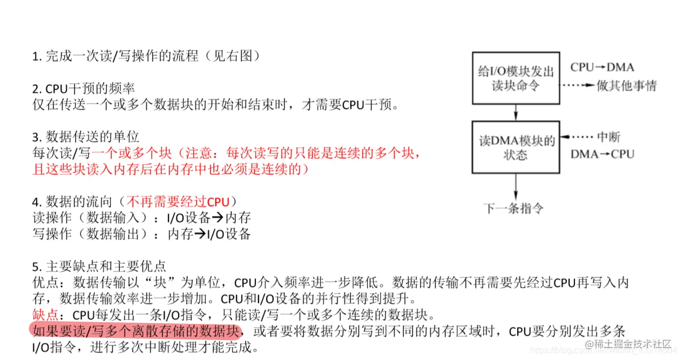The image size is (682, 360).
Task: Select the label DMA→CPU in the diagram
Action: [x=602, y=154]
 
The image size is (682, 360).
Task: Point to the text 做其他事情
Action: [x=626, y=86]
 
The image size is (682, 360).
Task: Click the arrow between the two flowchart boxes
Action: [x=516, y=112]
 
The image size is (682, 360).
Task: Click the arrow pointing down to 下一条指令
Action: [x=516, y=186]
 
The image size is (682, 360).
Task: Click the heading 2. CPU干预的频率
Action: [x=83, y=89]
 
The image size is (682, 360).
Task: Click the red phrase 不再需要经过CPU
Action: [x=178, y=202]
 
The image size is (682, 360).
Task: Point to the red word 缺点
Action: [x=45, y=315]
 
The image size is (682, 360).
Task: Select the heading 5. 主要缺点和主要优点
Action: [x=99, y=266]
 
